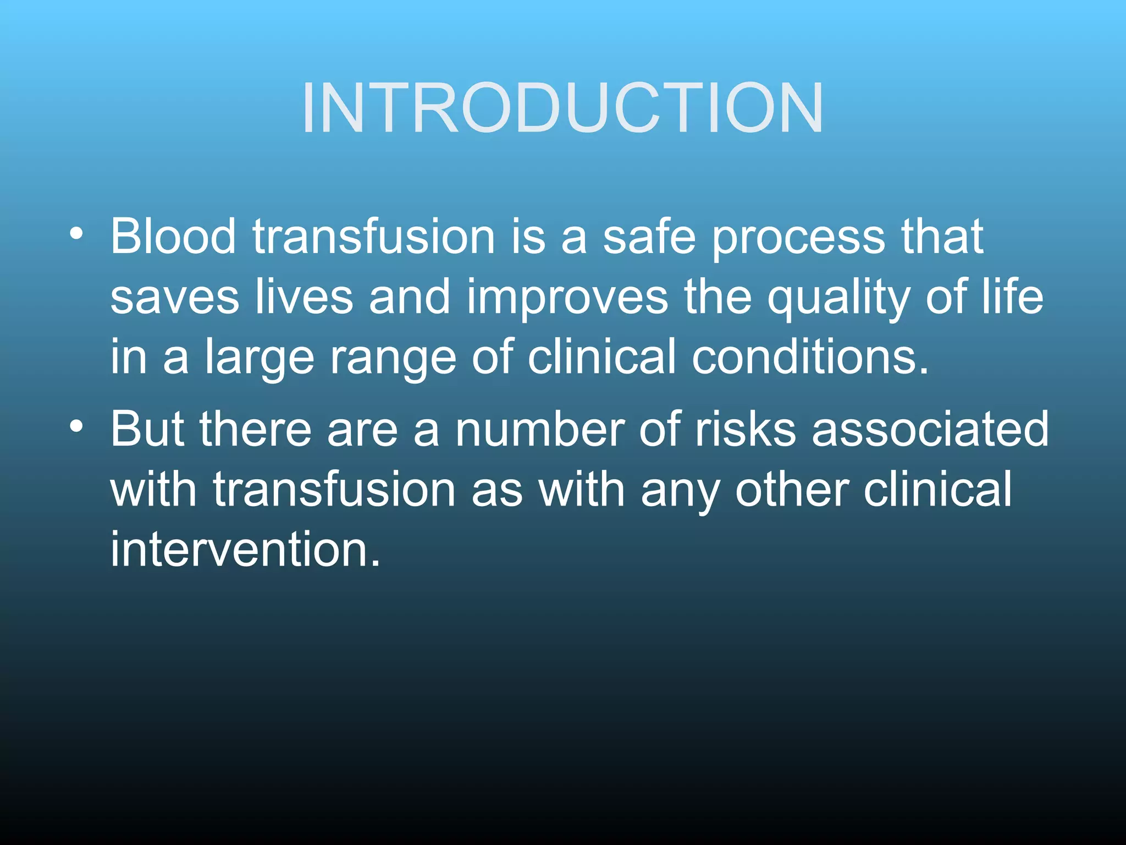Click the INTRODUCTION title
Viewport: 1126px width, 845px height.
coord(562,108)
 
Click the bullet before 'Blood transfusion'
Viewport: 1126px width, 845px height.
coord(76,233)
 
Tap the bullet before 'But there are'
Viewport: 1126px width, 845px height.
coord(76,426)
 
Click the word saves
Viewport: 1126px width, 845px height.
coord(174,298)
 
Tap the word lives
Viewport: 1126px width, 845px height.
coord(304,297)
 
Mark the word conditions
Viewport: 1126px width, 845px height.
coord(810,358)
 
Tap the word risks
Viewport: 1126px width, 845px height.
coord(746,429)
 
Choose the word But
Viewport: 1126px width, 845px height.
coord(147,429)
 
